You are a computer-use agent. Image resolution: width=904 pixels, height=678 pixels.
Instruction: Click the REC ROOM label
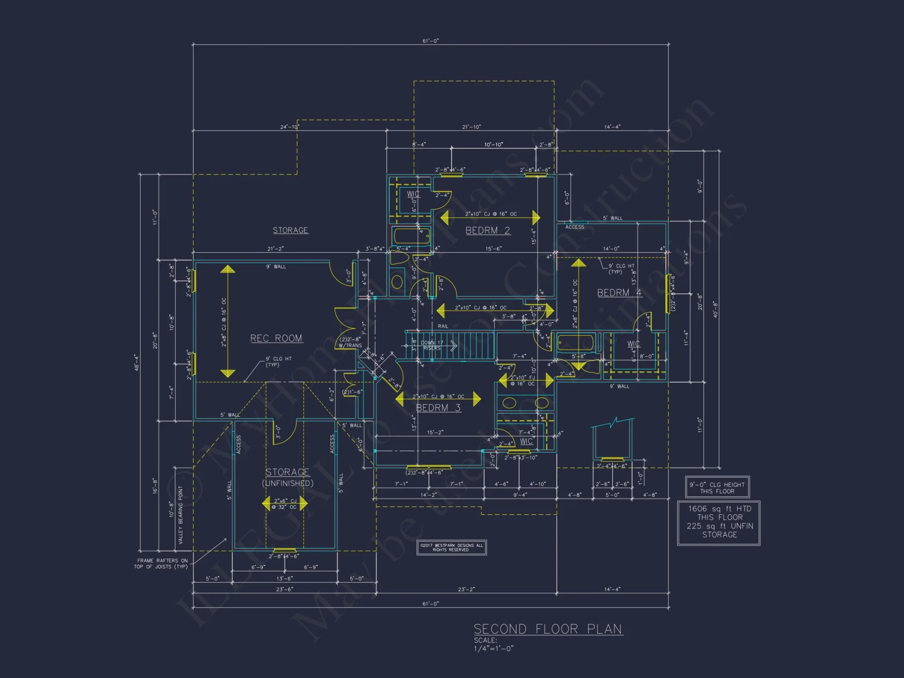276,339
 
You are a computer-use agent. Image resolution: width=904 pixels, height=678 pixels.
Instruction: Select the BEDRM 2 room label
488,231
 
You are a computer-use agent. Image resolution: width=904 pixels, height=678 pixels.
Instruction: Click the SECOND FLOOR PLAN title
548,629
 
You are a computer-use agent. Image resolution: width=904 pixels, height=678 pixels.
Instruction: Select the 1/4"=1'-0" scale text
494,649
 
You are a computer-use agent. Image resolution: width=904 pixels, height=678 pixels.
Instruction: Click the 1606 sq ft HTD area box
719,522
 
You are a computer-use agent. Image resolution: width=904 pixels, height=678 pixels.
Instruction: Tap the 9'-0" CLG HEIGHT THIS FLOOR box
717,487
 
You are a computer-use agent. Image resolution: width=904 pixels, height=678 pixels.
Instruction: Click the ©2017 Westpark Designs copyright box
451,547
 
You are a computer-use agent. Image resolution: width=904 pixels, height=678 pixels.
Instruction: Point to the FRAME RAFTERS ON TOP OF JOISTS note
161,564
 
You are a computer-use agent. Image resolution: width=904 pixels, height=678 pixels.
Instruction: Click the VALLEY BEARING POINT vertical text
180,515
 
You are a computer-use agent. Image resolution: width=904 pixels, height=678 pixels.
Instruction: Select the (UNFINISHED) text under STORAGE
288,483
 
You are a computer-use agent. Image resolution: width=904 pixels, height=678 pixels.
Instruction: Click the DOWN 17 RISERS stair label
432,345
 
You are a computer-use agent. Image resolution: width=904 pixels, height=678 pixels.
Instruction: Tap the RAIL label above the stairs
443,326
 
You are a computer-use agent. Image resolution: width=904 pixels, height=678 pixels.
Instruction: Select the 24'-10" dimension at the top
289,127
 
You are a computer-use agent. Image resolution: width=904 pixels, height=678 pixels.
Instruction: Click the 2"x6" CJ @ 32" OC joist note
285,504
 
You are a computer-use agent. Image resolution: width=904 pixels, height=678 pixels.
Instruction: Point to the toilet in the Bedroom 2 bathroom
397,281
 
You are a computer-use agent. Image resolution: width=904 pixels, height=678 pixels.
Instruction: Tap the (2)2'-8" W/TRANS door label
350,342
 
